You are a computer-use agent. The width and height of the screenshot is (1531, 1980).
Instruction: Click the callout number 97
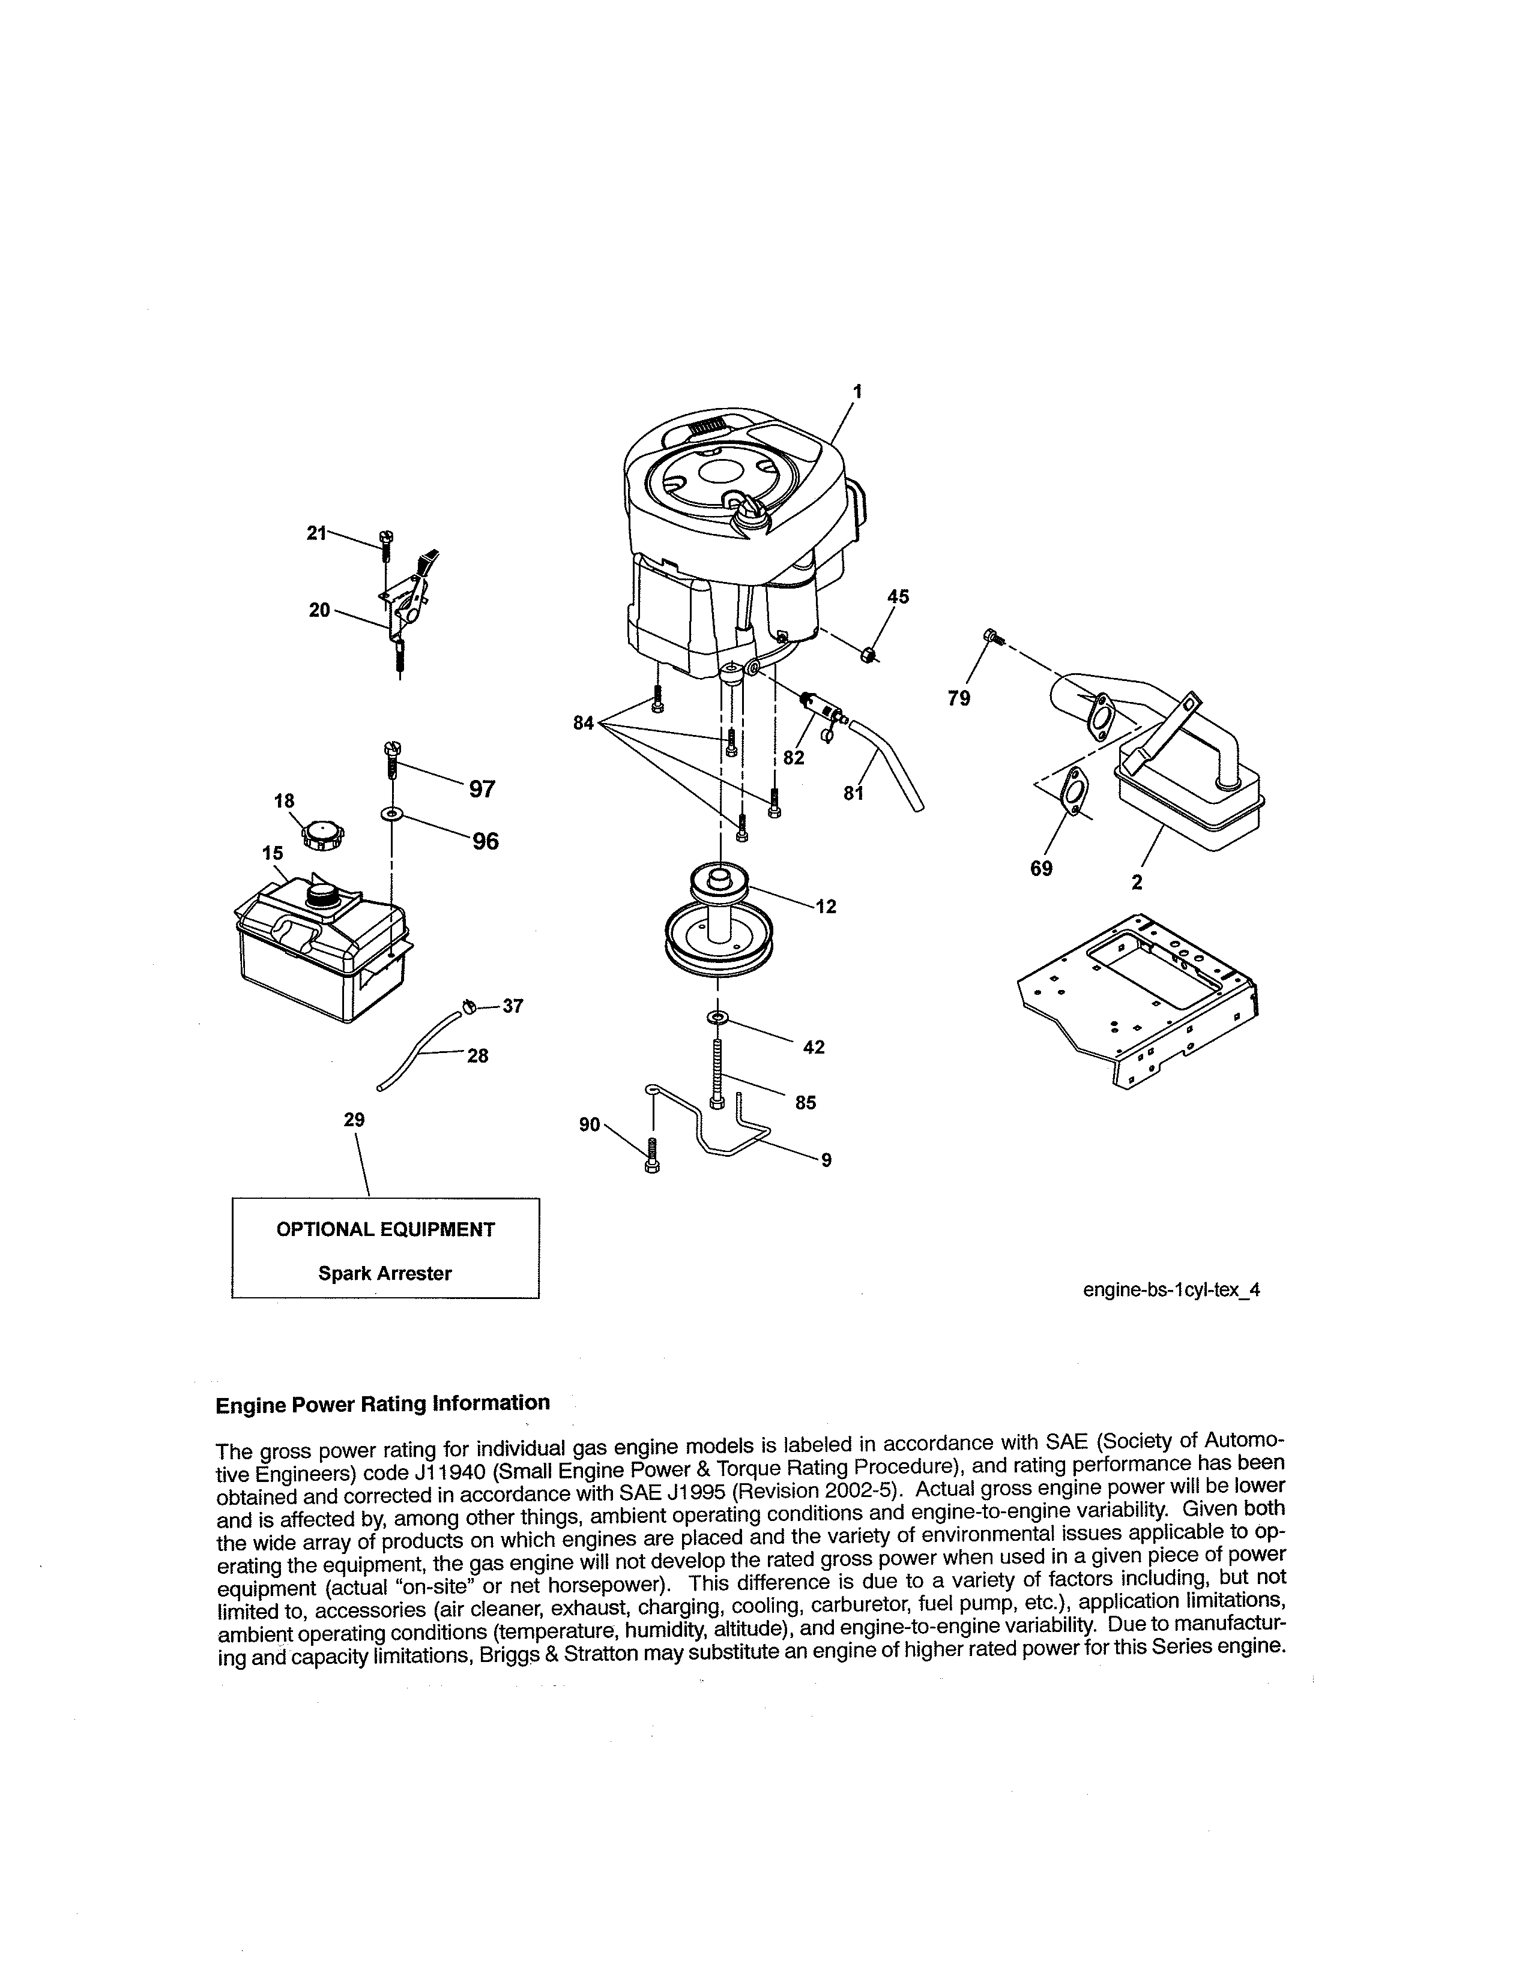coord(482,789)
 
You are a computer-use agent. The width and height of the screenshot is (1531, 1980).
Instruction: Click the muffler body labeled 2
coord(1188,798)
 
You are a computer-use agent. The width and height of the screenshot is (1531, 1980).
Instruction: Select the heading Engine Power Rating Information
coord(383,1403)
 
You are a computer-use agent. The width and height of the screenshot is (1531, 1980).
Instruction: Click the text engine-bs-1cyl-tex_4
coord(1171,1290)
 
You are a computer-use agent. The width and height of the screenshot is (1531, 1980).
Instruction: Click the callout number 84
coord(583,722)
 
